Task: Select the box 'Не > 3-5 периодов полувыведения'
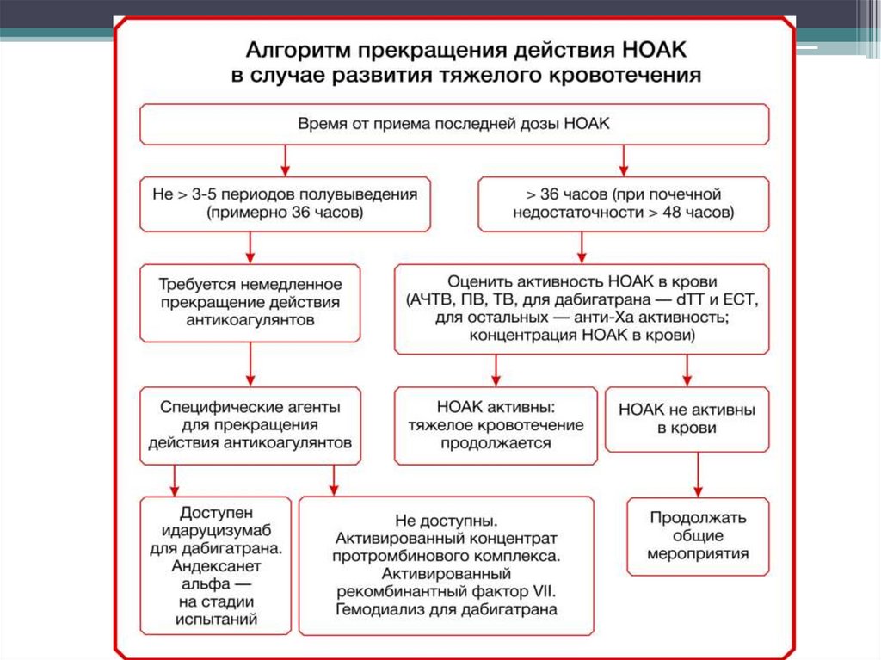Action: (285, 203)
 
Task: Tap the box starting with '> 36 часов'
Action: (623, 203)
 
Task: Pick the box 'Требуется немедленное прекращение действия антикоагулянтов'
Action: (250, 301)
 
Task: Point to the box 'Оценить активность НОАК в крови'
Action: (582, 308)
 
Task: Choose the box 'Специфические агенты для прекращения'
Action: (250, 425)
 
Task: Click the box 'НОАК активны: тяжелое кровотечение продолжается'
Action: (496, 425)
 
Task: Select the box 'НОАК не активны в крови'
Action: (687, 418)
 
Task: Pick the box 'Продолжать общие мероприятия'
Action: (698, 536)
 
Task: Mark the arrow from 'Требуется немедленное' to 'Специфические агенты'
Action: (250, 362)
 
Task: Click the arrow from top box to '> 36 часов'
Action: (623, 160)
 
